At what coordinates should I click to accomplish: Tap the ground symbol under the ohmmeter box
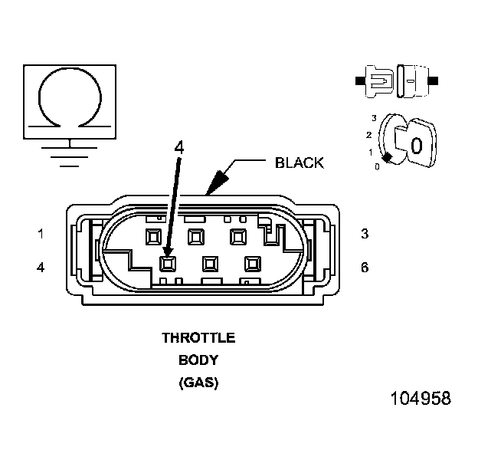tap(70, 153)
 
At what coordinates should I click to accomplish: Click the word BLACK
tap(299, 163)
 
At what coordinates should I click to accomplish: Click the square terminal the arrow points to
tap(168, 264)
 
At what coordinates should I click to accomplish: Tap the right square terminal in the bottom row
tap(250, 264)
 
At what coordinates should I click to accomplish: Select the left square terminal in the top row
tap(153, 235)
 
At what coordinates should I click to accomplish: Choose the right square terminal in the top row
tap(237, 235)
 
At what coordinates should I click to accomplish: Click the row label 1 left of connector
tap(40, 234)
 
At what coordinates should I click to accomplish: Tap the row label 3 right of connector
tap(365, 234)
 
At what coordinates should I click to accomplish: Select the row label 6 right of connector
tap(365, 267)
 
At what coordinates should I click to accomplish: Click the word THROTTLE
tap(198, 337)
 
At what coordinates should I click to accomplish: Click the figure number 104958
tap(420, 399)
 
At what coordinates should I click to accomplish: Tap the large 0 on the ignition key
tap(416, 145)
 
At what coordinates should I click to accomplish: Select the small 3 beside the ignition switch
tap(373, 118)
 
